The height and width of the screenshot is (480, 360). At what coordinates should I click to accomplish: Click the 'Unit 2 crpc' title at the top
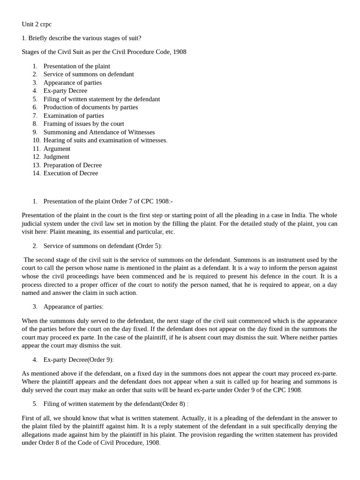pos(37,24)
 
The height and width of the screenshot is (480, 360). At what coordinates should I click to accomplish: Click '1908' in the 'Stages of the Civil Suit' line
pos(180,52)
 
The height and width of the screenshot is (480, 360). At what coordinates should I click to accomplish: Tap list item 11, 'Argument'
pos(57,149)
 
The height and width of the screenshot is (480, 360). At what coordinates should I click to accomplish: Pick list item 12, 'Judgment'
pos(56,157)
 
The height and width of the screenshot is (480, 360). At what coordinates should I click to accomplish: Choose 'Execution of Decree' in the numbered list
pos(71,173)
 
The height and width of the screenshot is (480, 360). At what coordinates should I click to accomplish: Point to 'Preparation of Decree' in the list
pos(72,165)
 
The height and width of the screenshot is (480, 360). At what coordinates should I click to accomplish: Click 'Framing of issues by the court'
pos(83,124)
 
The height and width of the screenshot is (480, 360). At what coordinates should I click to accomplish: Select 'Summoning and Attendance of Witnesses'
pos(99,132)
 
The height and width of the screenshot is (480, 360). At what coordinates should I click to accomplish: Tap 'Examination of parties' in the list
pos(74,115)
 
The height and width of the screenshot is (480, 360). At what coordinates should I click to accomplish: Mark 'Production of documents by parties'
pos(90,107)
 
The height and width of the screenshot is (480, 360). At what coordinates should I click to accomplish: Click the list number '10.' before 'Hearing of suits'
pos(37,140)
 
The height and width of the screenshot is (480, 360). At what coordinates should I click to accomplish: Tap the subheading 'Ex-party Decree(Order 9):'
pos(78,360)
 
